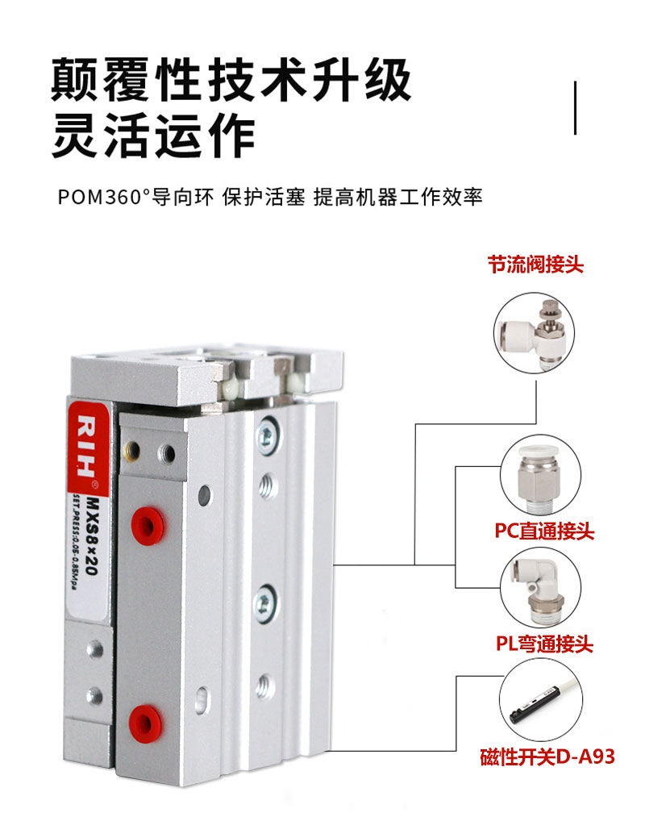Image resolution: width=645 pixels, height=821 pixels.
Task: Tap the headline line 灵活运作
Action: tap(153, 135)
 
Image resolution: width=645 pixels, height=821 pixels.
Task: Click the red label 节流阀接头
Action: tap(535, 265)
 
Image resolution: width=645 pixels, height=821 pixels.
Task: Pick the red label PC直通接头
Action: tap(544, 531)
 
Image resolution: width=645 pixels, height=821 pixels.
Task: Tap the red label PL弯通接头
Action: tap(543, 644)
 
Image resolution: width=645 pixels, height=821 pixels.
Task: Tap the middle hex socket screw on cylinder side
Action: tap(265, 600)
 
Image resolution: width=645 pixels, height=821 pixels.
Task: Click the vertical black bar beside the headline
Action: tap(575, 107)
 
